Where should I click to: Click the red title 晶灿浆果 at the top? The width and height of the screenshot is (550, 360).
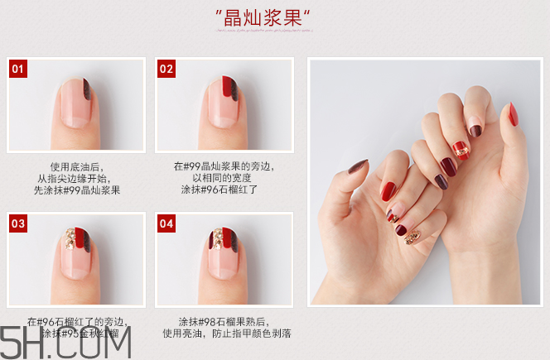pyautogui.click(x=263, y=17)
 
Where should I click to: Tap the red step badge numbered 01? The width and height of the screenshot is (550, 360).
pyautogui.click(x=18, y=69)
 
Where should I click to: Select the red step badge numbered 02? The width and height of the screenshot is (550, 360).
pyautogui.click(x=166, y=69)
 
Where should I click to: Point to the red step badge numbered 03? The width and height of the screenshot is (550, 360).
pyautogui.click(x=18, y=223)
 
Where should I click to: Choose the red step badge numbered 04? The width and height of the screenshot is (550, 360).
pyautogui.click(x=166, y=223)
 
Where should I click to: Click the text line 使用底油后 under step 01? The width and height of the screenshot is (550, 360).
pyautogui.click(x=77, y=166)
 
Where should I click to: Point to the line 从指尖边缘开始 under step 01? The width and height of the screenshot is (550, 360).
pyautogui.click(x=77, y=178)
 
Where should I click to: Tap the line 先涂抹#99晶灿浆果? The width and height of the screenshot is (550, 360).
pyautogui.click(x=77, y=190)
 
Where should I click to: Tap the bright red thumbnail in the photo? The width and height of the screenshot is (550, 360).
pyautogui.click(x=513, y=114)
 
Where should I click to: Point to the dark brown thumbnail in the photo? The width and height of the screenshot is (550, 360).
pyautogui.click(x=357, y=167)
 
